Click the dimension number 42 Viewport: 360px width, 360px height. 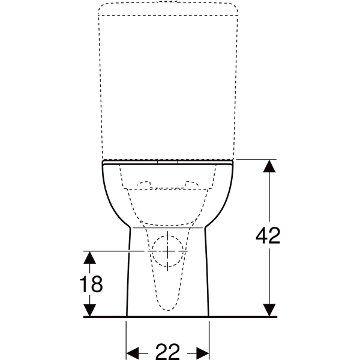point(268,236)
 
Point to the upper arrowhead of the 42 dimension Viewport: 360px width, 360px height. point(270,166)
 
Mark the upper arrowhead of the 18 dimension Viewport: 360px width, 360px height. point(89,257)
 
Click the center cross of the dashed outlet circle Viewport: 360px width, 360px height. point(168,250)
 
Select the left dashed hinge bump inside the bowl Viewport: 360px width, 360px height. point(144,183)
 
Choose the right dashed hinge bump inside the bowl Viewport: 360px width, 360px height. point(192,183)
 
